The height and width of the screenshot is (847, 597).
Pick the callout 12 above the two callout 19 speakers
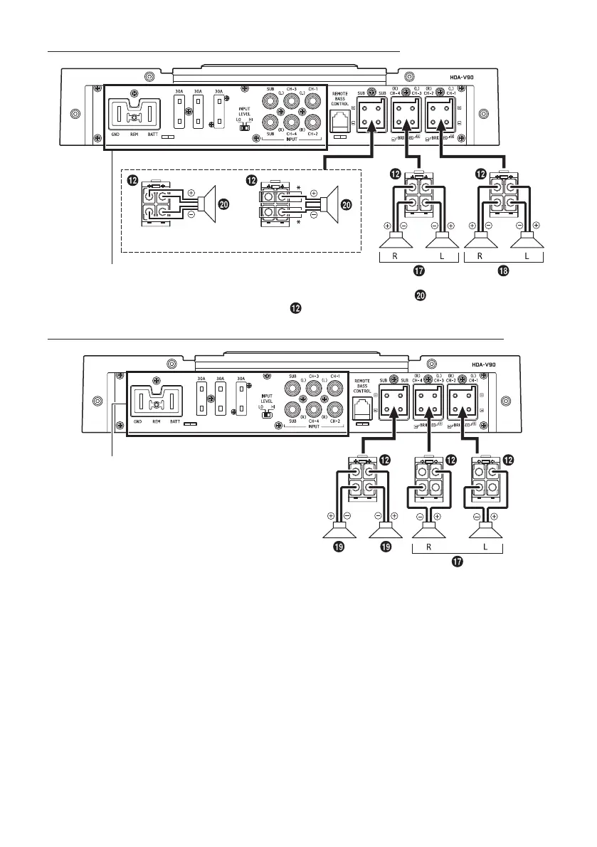[385, 461]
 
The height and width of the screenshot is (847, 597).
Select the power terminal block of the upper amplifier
[133, 115]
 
